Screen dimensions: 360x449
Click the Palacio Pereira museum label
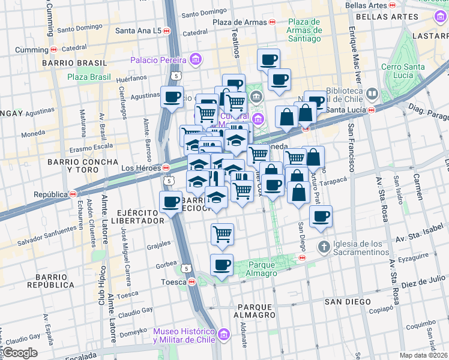click(158, 60)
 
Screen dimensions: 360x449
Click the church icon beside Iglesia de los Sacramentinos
click(324, 247)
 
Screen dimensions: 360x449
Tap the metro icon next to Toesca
click(192, 281)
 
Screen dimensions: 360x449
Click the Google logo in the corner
click(19, 353)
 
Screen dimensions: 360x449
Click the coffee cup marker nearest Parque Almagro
click(221, 265)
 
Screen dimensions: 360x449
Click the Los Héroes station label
click(142, 168)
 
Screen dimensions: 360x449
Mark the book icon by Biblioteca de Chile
click(372, 94)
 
